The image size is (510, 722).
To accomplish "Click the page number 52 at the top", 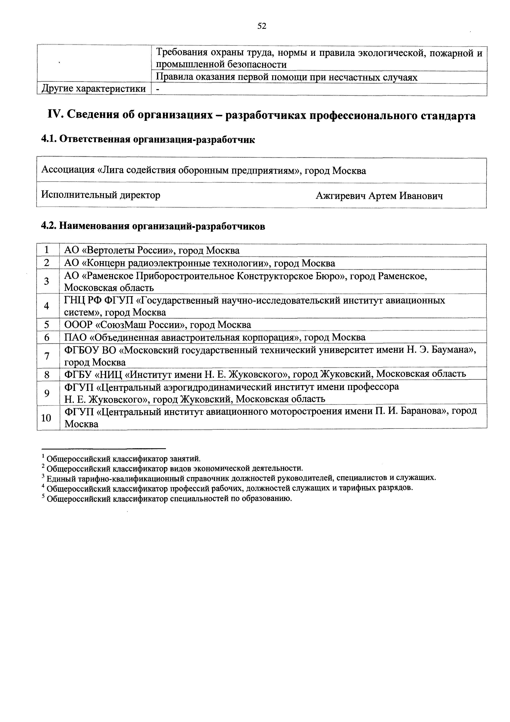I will tap(261, 26).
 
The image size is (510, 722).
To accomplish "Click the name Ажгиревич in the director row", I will tap(341, 196).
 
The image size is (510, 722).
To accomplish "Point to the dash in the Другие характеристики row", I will tap(158, 89).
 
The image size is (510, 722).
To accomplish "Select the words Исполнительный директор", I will tap(101, 195).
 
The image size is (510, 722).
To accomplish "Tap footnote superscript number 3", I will tap(43, 477).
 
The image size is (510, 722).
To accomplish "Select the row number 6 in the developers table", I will tap(46, 337).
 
